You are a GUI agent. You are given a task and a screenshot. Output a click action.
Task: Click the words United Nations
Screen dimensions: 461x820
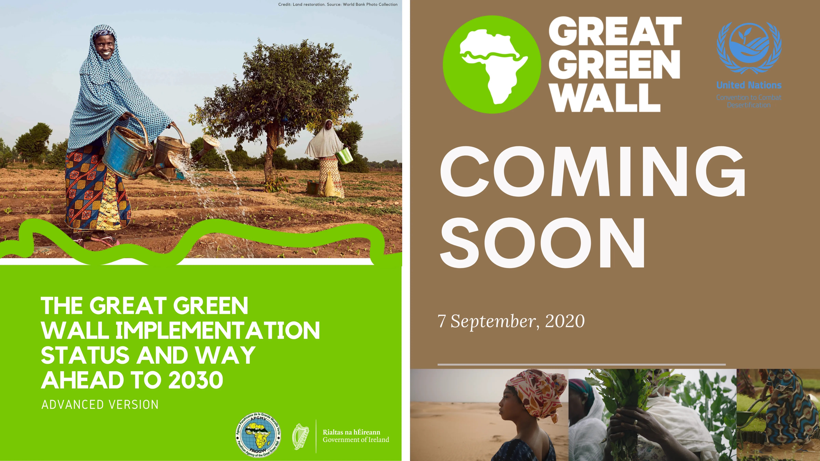[749, 85]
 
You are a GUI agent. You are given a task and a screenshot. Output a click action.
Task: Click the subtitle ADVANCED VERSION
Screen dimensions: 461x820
[100, 405]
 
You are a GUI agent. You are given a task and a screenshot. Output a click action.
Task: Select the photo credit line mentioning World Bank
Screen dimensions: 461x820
[338, 4]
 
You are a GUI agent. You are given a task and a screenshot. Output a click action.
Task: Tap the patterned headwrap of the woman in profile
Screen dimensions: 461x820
[536, 390]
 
